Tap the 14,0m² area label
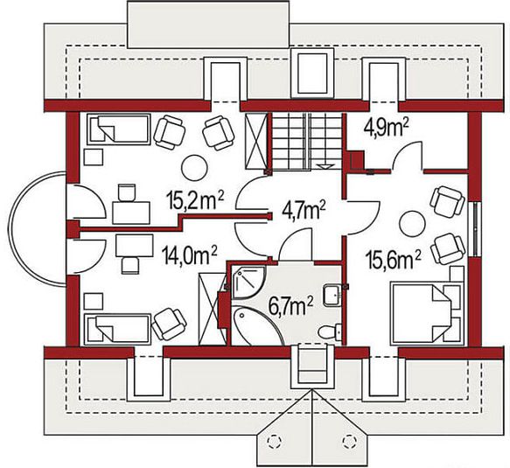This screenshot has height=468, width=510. point(189,255)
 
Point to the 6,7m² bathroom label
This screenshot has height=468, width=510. point(291,305)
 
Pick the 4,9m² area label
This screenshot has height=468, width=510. point(386,128)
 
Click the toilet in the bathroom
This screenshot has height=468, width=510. point(330,332)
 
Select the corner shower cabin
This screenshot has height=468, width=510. point(248,283)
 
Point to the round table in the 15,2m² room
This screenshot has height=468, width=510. point(194,168)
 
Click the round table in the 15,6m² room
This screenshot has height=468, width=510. point(412,224)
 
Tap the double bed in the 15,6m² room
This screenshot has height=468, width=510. point(423,312)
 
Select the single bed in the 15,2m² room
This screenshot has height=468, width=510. point(119,129)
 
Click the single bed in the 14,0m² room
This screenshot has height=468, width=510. point(118,329)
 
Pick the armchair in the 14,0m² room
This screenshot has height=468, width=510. point(169,324)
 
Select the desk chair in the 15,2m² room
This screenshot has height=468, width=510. point(126,192)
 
